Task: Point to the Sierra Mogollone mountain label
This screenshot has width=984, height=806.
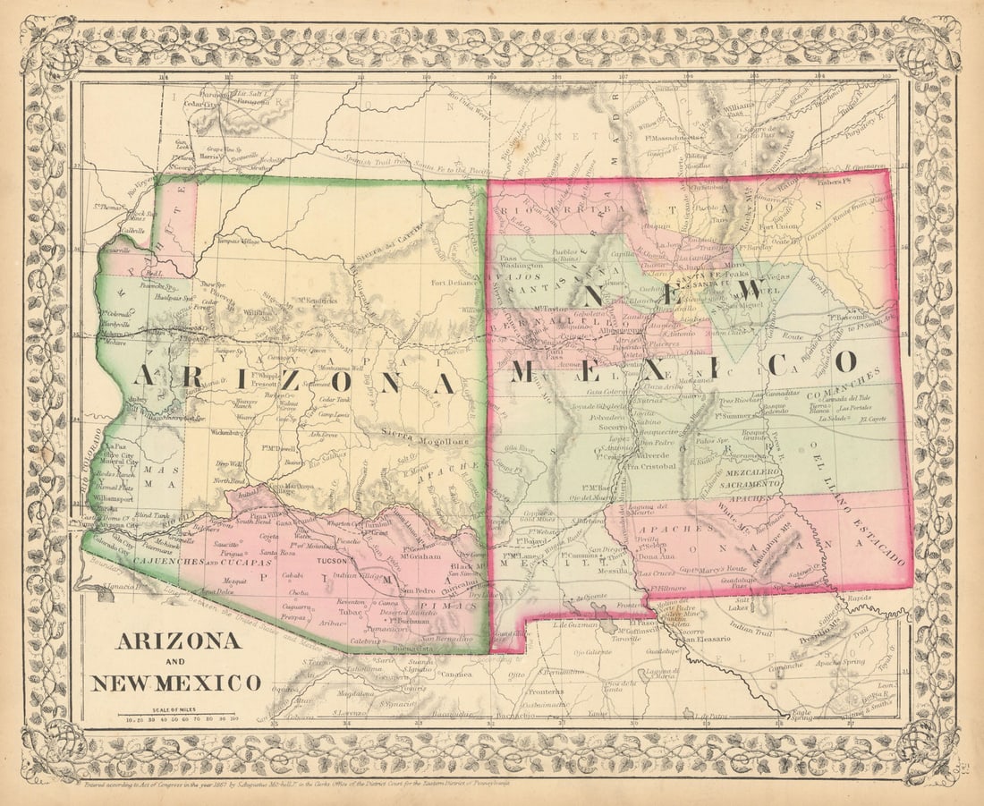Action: pyautogui.click(x=424, y=439)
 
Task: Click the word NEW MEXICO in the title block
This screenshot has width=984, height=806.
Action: pyautogui.click(x=175, y=683)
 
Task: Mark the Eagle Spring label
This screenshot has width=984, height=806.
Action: pyautogui.click(x=802, y=715)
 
